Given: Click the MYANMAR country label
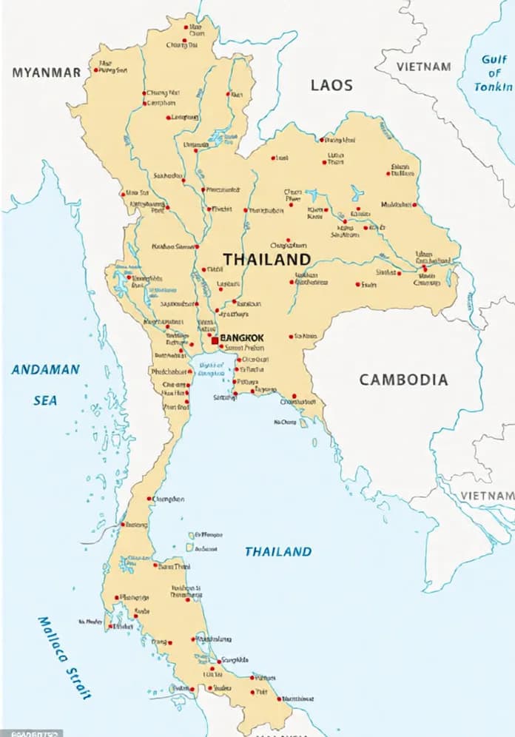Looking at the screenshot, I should (46, 72).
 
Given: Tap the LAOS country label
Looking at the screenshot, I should (331, 85).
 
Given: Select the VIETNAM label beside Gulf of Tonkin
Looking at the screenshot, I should (423, 67).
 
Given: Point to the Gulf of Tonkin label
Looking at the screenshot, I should (494, 73).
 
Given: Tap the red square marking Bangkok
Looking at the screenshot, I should (215, 340).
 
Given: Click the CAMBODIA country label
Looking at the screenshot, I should (403, 380).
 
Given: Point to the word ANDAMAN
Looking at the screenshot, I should (45, 370).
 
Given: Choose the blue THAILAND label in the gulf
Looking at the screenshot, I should (278, 551).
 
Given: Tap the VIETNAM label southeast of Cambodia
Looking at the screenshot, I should (487, 495).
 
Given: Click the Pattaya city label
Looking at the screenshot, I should (249, 380).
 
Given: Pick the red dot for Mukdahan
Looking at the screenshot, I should (414, 204).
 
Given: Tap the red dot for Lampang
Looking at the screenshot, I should (169, 117).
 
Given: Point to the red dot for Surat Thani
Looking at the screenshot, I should (155, 565).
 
